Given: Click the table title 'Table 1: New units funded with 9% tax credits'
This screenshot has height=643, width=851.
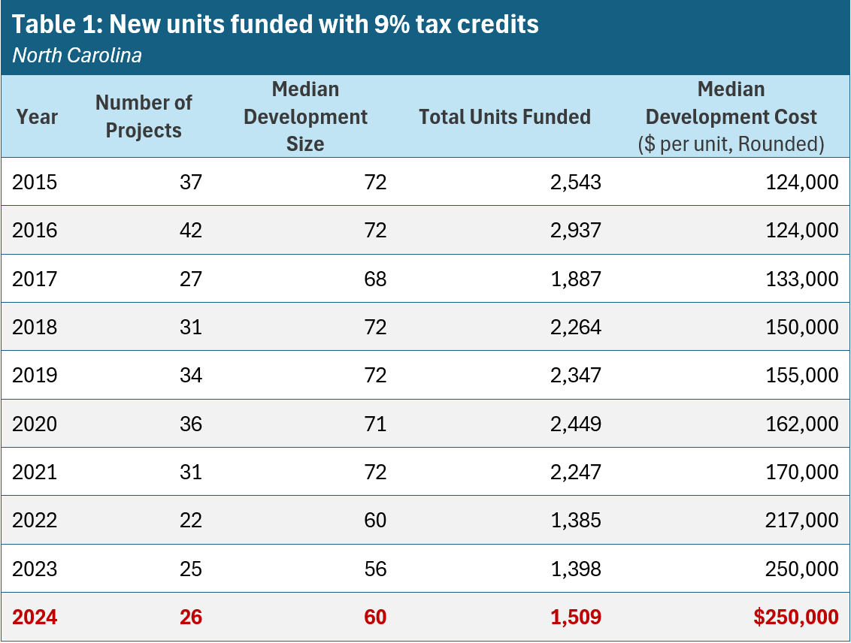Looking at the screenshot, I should pos(275,24).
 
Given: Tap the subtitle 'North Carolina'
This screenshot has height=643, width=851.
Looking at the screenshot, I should pos(77,56).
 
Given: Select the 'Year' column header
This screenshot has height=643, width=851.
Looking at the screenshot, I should pos(37,116).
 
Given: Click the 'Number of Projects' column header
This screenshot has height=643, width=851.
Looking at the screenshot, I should pos(144,116).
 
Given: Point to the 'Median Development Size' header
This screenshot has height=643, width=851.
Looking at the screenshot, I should pos(305,116).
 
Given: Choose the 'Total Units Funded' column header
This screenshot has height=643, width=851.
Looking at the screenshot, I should pos(504,116).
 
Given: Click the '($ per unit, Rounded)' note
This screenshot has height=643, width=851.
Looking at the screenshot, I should pos(731,143).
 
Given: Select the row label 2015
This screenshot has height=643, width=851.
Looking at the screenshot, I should pos(35,182).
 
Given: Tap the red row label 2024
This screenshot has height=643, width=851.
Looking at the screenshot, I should pos(35,617).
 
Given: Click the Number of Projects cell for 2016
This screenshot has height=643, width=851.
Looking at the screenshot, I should pos(191,230).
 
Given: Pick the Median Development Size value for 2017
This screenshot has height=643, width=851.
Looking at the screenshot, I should pos(374,279).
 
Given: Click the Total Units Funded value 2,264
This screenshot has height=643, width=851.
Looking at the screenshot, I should pos(575,327).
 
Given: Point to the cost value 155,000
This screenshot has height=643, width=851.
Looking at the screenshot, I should pos(799,375).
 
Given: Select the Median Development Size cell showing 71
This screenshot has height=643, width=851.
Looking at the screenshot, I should pos(374,424).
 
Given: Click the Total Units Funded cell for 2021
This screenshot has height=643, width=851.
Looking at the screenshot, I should pos(575,472).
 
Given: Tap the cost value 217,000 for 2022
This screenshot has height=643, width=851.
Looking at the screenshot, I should pos(799,521).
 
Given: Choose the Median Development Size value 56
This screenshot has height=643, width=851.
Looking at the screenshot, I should pos(374,569).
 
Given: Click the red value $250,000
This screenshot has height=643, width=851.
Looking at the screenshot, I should pos(795,617).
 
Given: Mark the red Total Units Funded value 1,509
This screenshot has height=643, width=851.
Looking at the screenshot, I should pos(575,617).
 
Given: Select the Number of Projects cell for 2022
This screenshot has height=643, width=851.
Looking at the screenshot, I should pos(191,521).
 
